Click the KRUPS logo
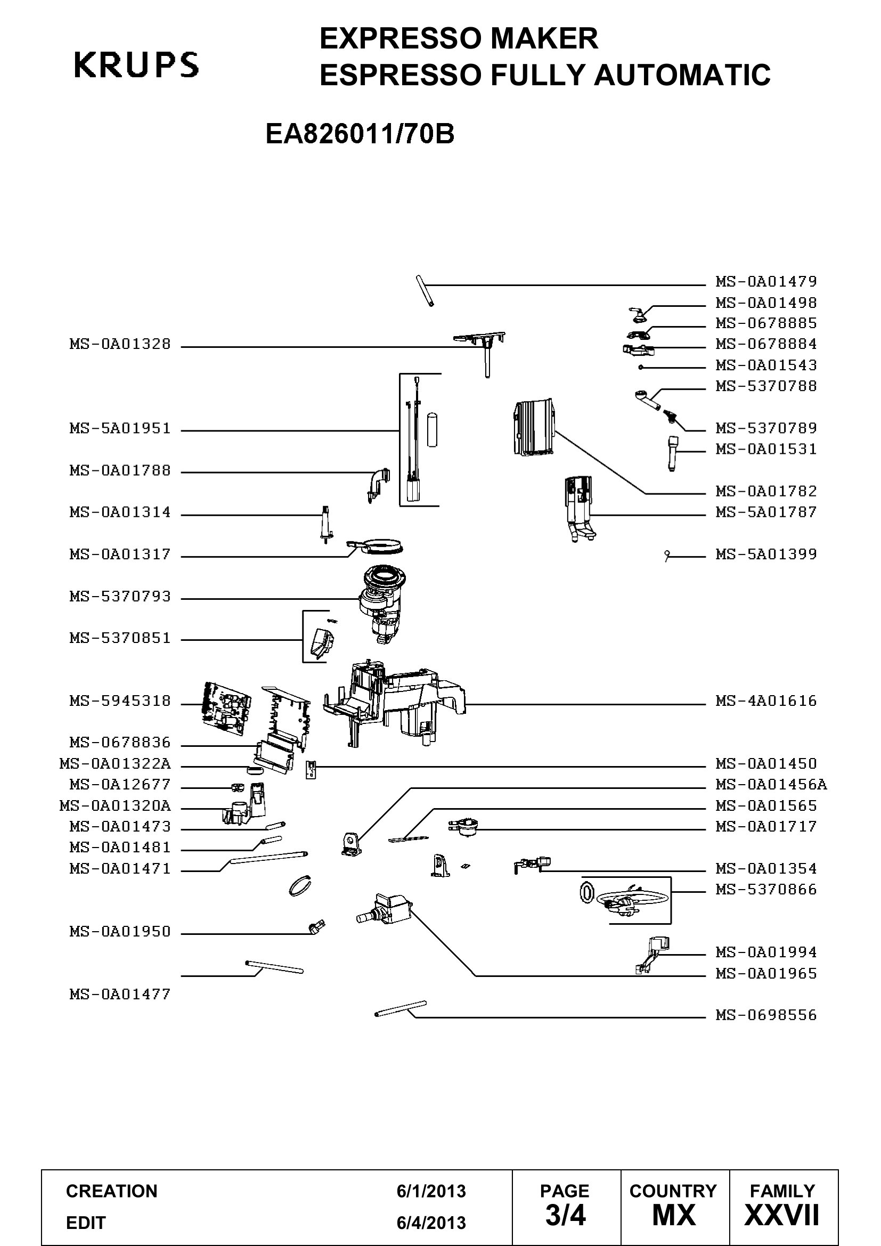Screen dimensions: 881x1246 click(x=136, y=64)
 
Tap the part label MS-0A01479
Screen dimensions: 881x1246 click(x=766, y=281)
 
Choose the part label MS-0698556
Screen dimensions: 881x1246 click(x=766, y=1015)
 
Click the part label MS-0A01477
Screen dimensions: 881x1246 click(x=120, y=994)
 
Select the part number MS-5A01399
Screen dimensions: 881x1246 click(x=766, y=554)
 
